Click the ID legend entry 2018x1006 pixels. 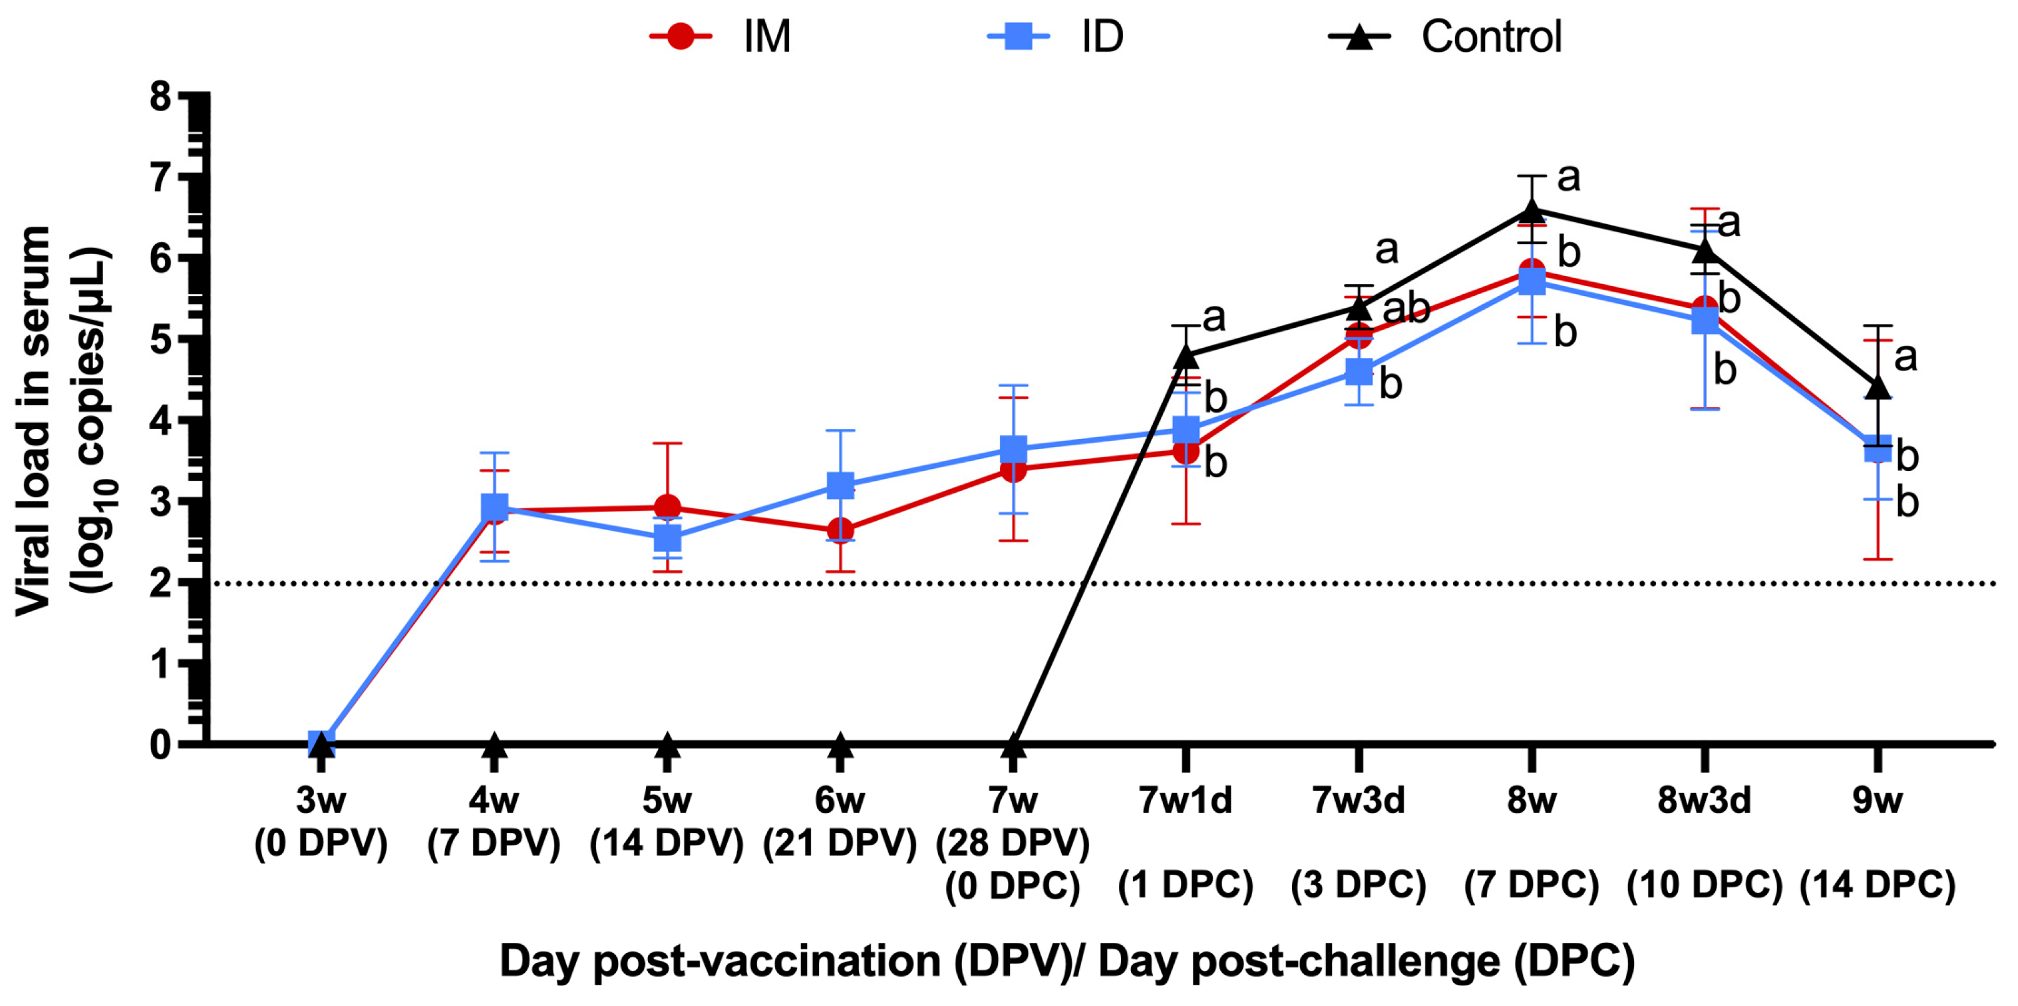tap(1057, 37)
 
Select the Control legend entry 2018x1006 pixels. tap(1446, 37)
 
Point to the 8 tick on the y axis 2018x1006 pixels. tap(160, 97)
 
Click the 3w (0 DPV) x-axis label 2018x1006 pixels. tap(320, 822)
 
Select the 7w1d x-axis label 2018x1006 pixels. tap(1185, 801)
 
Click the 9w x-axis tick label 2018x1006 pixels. tap(1877, 801)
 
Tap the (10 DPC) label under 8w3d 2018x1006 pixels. tap(1705, 885)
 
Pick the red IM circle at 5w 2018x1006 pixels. tap(667, 507)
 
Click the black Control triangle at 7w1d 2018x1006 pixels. tap(1186, 357)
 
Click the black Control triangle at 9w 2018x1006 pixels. tap(1878, 387)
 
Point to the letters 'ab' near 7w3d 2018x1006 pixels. tap(1406, 308)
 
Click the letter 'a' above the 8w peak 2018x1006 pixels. tap(1569, 178)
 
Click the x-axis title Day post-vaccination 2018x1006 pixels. tap(1066, 960)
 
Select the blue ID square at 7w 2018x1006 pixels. tap(1013, 449)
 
